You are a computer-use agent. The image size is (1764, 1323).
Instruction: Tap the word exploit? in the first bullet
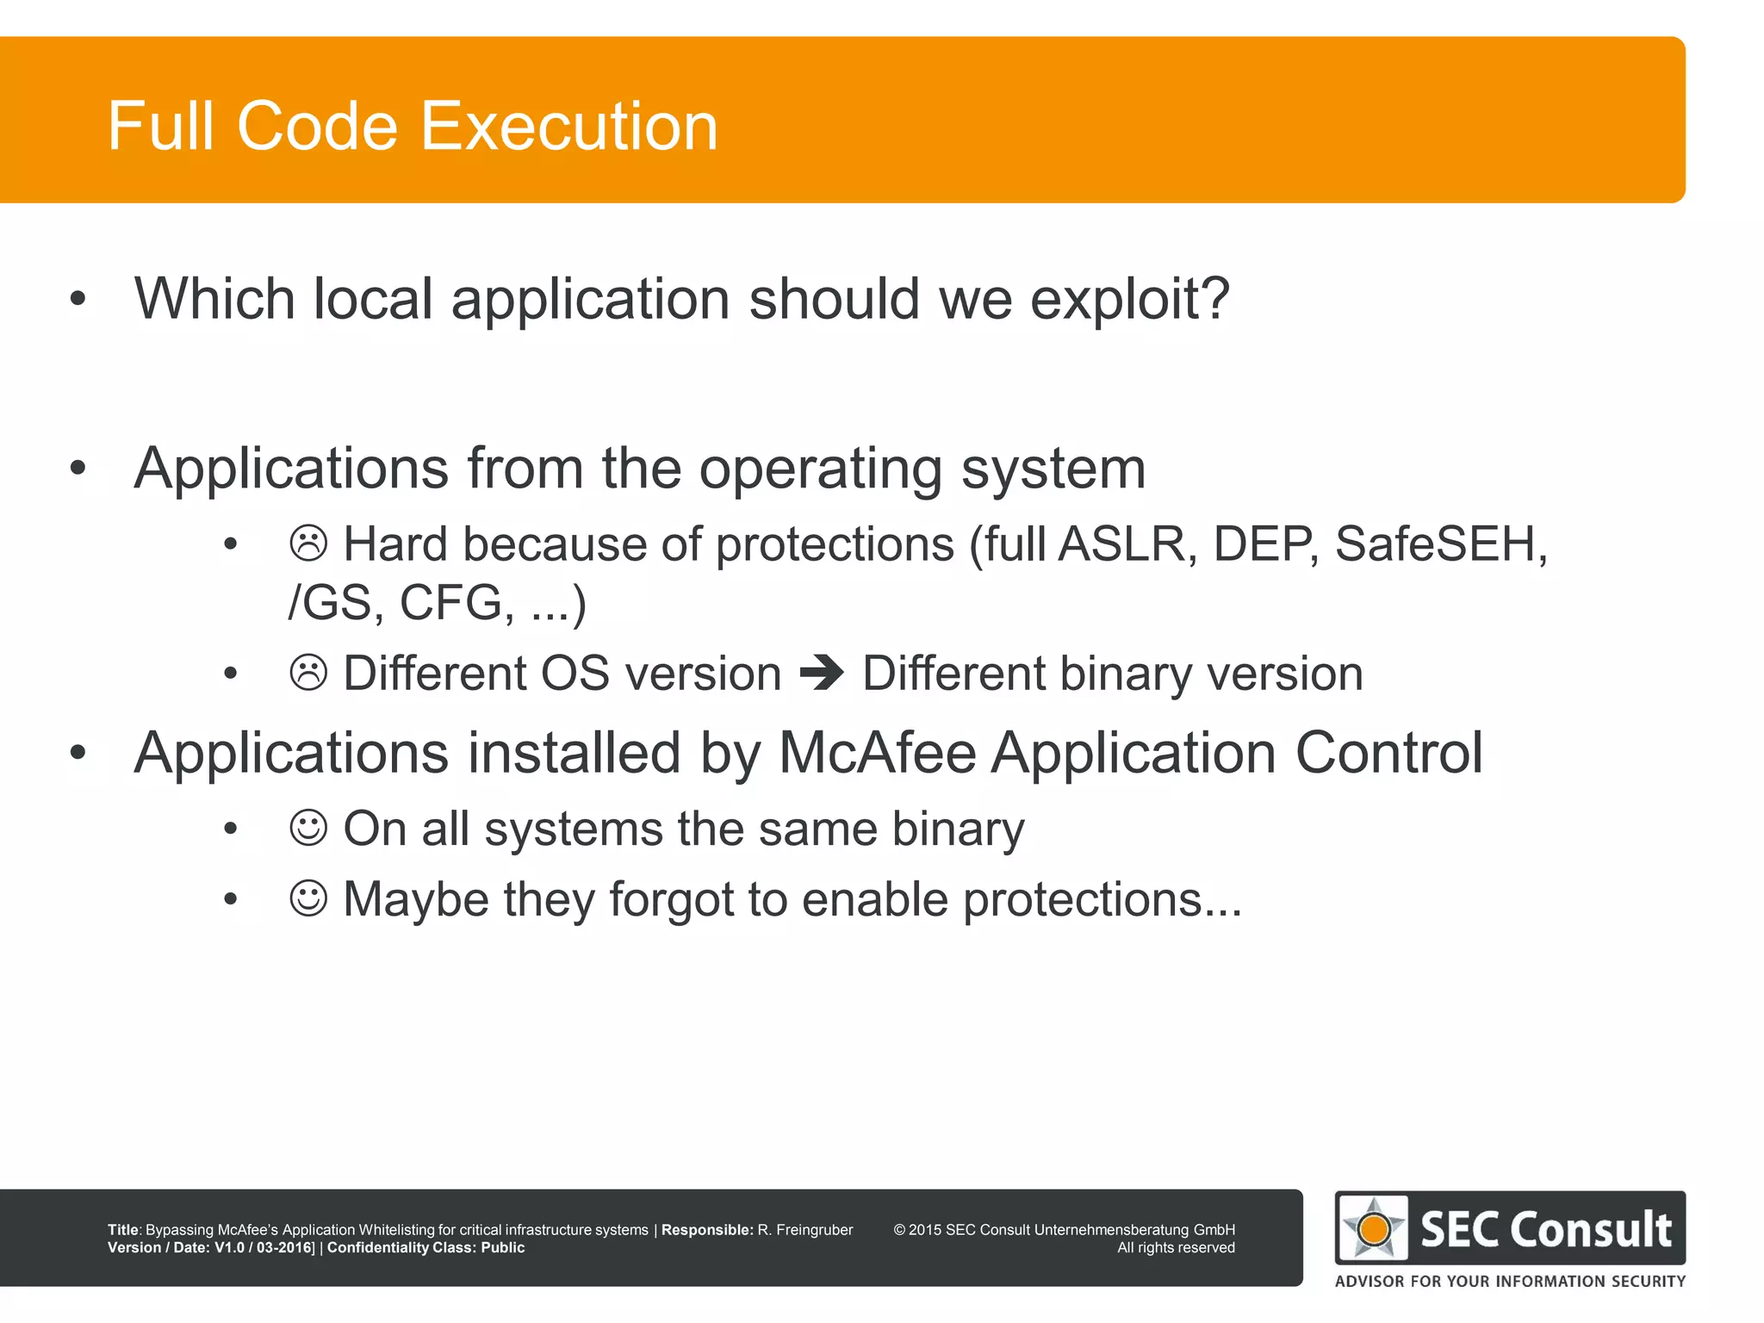pyautogui.click(x=1129, y=300)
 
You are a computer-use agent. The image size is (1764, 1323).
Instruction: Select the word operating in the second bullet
pyautogui.click(x=821, y=469)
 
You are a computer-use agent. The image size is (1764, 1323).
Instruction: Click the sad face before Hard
pyautogui.click(x=308, y=544)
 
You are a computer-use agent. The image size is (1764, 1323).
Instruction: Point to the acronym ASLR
pyautogui.click(x=1121, y=544)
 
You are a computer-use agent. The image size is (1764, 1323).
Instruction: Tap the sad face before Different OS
pyautogui.click(x=308, y=673)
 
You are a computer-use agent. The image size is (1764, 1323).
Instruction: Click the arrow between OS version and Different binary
pyautogui.click(x=822, y=673)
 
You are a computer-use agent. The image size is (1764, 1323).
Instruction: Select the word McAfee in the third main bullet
pyautogui.click(x=877, y=754)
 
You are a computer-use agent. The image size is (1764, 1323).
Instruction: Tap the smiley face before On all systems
pyautogui.click(x=308, y=829)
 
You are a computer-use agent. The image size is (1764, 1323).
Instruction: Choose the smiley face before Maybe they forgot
pyautogui.click(x=308, y=899)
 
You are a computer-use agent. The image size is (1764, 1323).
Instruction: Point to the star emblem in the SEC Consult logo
pyautogui.click(x=1374, y=1228)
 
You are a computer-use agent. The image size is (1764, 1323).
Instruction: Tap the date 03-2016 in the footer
pyautogui.click(x=284, y=1247)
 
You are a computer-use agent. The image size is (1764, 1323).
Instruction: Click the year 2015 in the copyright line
pyautogui.click(x=925, y=1230)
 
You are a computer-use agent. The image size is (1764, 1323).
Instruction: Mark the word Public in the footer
pyautogui.click(x=502, y=1247)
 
